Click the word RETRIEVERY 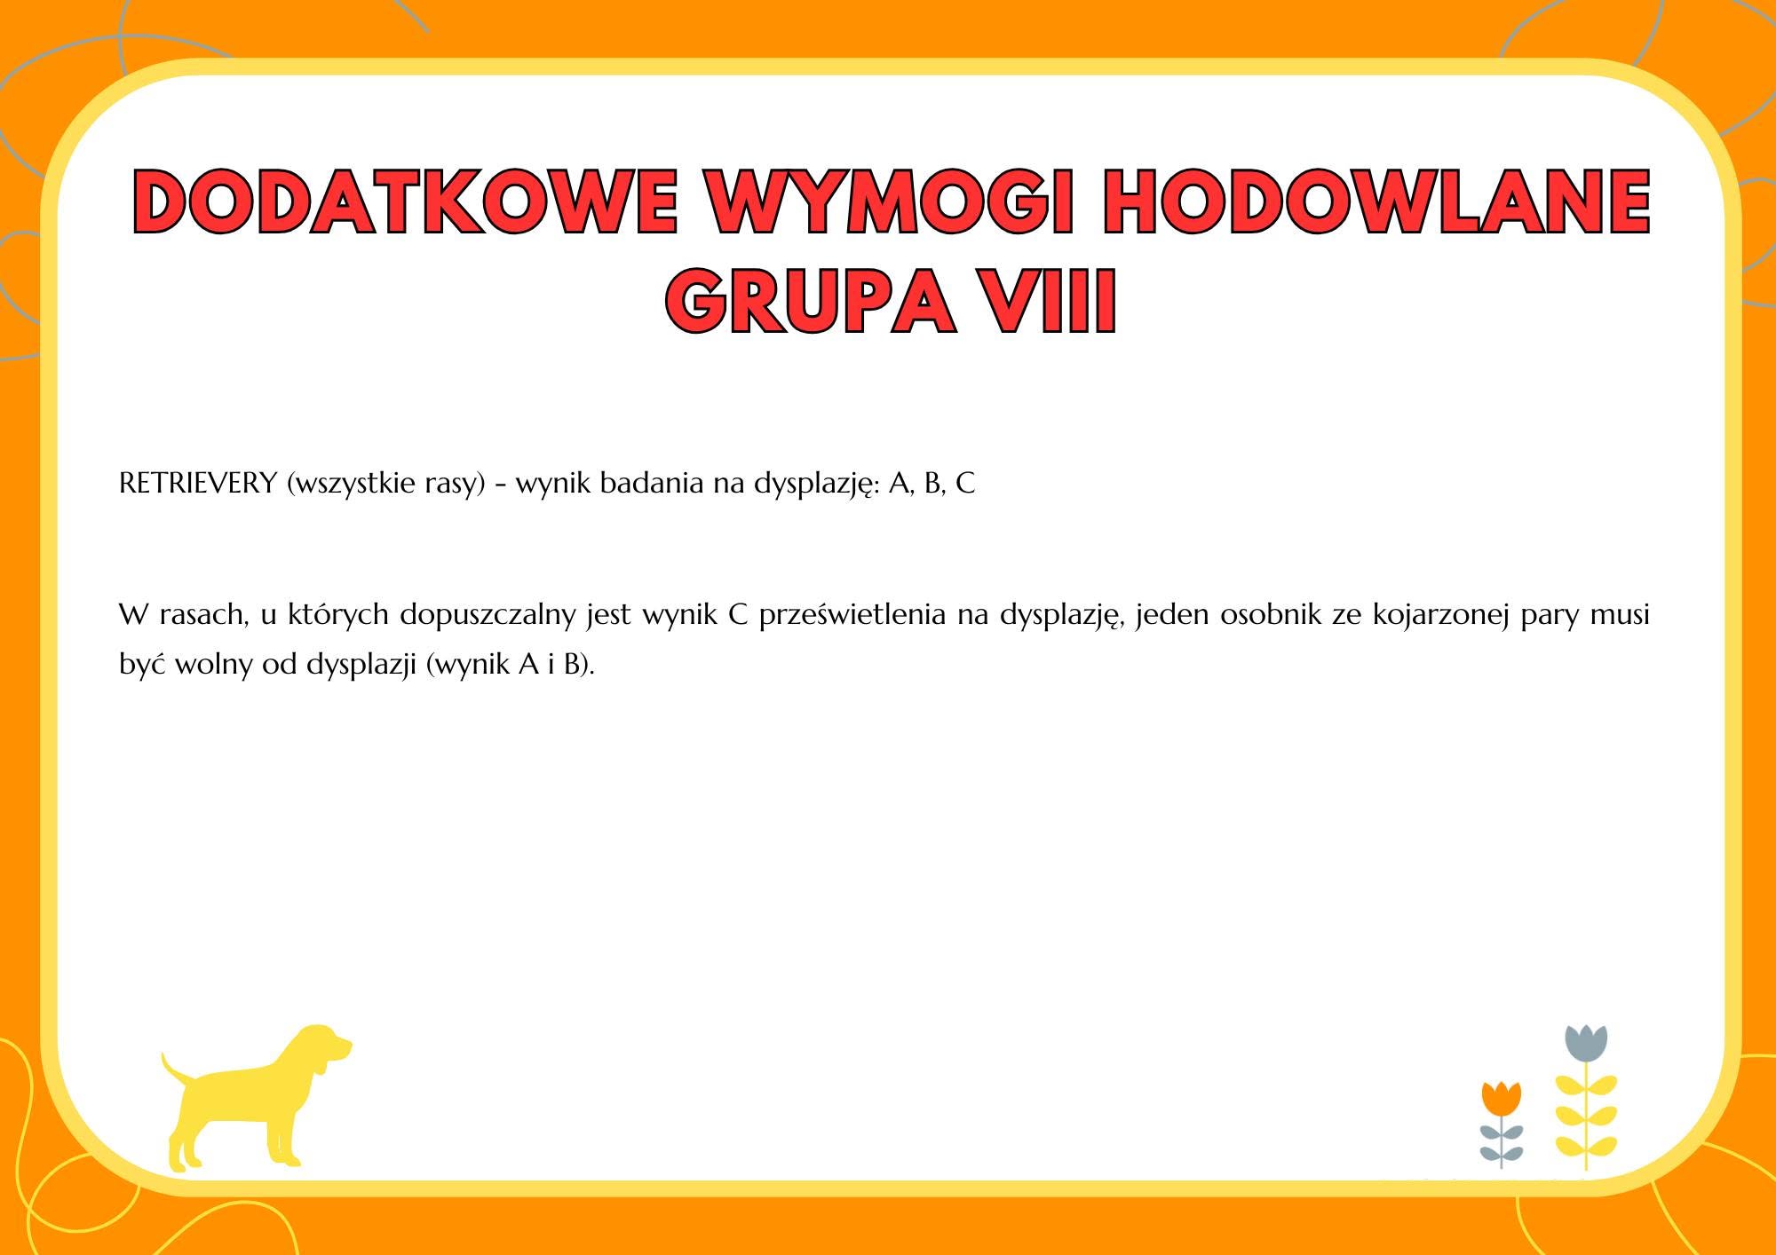[198, 484]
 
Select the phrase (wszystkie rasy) [386, 485]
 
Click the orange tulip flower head [1502, 1098]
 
